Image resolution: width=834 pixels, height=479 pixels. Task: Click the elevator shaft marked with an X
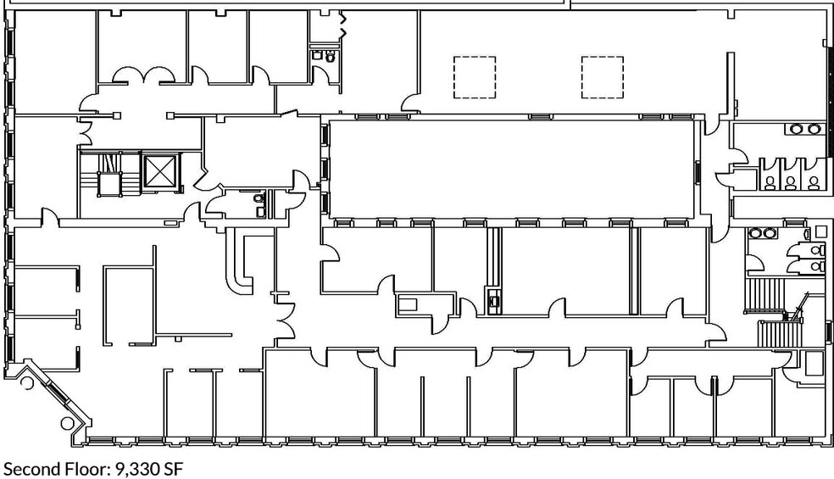159,171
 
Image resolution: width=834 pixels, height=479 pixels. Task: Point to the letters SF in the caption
174,469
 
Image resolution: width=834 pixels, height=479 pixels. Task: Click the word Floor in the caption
88,469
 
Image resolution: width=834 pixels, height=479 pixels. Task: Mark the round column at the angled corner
68,424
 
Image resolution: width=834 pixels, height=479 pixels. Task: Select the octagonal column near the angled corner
26,382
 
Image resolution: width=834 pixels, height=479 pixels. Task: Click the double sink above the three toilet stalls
803,129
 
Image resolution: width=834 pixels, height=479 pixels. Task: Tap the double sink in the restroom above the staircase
763,233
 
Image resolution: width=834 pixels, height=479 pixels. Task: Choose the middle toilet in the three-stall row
791,183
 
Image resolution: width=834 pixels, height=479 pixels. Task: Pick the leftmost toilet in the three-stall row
770,183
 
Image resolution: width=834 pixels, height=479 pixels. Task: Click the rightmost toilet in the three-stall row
814,183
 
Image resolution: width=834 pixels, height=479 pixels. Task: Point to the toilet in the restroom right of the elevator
259,198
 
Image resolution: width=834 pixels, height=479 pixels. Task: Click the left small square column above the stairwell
117,115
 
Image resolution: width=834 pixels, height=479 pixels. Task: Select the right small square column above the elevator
170,115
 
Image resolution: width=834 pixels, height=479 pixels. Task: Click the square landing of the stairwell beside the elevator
109,184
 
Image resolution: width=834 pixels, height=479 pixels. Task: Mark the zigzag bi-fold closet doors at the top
343,25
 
